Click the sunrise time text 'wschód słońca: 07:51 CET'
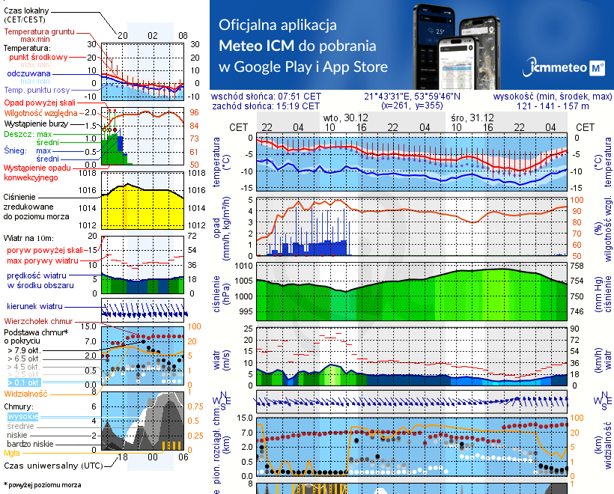pyautogui.click(x=267, y=97)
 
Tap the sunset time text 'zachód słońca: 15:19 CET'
pyautogui.click(x=266, y=106)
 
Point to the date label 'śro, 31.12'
pyautogui.click(x=472, y=118)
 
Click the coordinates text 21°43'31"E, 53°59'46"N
pyautogui.click(x=412, y=97)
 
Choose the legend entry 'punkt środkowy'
pyautogui.click(x=38, y=57)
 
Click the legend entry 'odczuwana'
pyautogui.click(x=28, y=74)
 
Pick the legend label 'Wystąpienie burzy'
pyautogui.click(x=37, y=122)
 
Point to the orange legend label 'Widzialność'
pyautogui.click(x=26, y=393)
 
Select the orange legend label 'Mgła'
pyautogui.click(x=12, y=453)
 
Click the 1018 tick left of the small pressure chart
pyautogui.click(x=89, y=173)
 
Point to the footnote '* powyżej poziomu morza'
pyautogui.click(x=43, y=484)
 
